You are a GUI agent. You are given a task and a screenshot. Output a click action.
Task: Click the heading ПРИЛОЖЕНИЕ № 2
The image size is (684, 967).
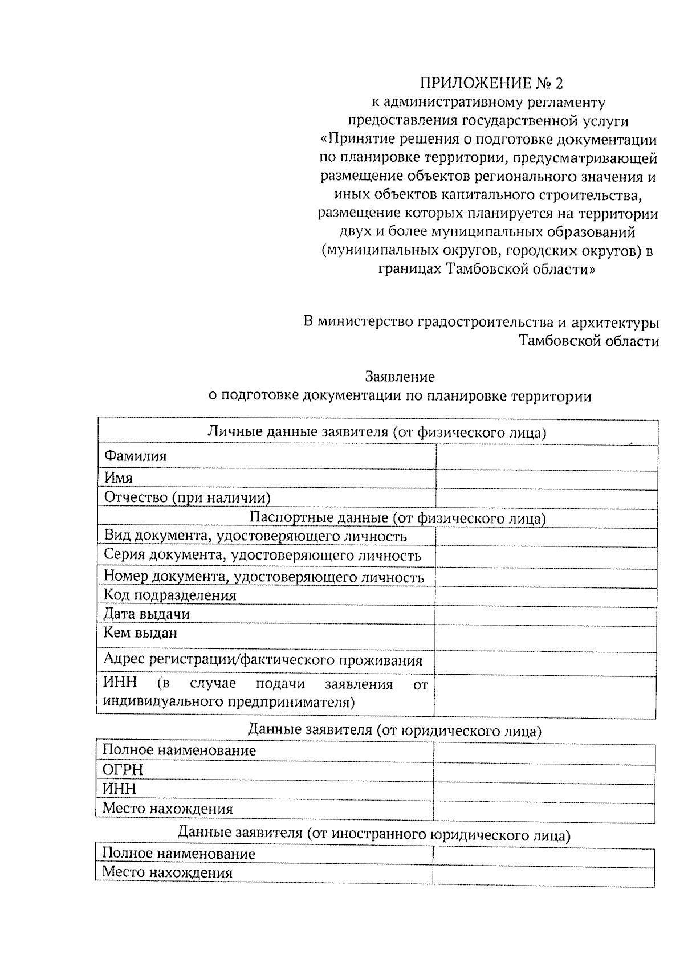coord(491,84)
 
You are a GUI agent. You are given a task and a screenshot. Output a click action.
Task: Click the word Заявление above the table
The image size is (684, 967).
coord(400,377)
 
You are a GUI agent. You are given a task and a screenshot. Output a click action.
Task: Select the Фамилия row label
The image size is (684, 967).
coord(135,456)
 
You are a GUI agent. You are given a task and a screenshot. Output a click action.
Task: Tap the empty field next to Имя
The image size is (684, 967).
coord(546,479)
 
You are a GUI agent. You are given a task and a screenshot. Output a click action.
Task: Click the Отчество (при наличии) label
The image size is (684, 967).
coord(187,497)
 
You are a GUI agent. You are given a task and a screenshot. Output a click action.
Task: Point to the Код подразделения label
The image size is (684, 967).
coord(169,595)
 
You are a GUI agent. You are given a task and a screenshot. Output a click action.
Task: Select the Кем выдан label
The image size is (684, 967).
coord(140,633)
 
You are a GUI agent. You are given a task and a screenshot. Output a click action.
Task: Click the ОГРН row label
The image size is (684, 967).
coord(123,770)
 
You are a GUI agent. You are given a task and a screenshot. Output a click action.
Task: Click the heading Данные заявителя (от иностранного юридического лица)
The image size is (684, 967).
coord(374,835)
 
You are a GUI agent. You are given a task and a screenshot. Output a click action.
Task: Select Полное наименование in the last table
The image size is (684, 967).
coord(178,854)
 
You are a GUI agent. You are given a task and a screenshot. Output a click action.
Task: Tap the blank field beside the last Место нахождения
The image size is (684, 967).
coord(543,876)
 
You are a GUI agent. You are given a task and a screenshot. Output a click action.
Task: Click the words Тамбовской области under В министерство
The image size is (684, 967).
coord(589,341)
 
